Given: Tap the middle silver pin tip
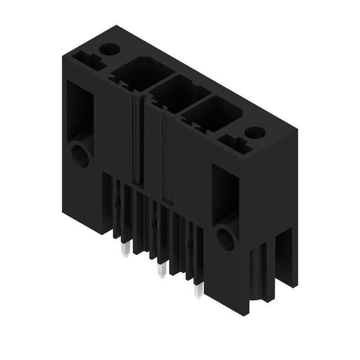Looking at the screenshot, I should pos(161,270).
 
